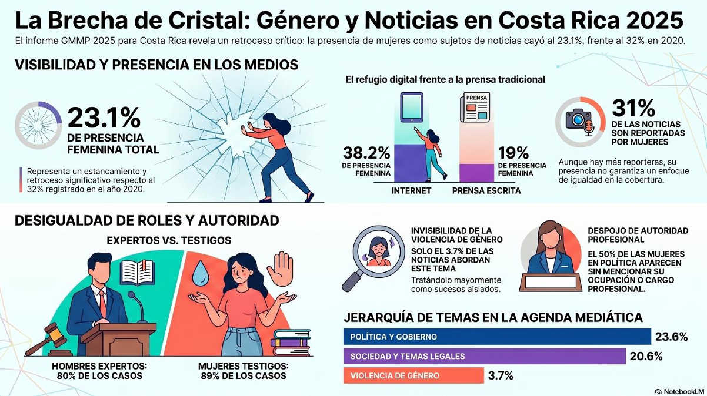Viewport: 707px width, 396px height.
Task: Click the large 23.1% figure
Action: tap(104, 118)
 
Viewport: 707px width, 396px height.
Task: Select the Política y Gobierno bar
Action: tap(497, 337)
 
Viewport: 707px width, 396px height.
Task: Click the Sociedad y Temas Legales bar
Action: tap(484, 356)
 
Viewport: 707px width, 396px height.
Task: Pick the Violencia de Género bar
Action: tap(413, 375)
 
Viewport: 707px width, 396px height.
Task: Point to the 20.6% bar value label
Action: tap(646, 356)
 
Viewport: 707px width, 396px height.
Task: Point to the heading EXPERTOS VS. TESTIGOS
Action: tap(168, 240)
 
